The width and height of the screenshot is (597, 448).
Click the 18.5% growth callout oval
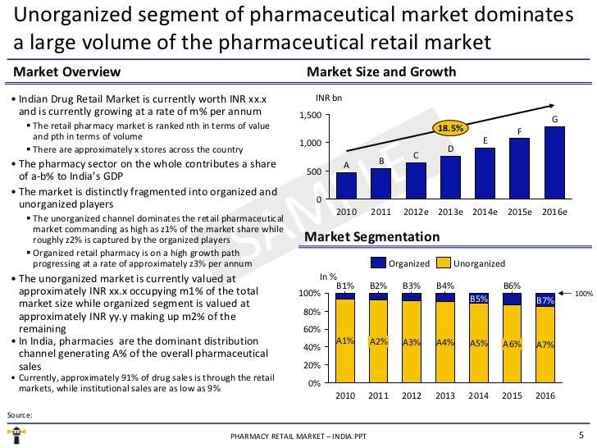450,129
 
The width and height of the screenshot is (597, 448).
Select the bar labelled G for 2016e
554,162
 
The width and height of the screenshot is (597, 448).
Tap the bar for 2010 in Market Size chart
346,185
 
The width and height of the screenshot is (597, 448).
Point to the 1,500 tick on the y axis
311,115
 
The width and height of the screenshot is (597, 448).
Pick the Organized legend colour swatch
378,263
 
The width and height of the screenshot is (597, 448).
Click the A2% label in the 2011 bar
378,341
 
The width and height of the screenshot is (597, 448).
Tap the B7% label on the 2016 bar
545,301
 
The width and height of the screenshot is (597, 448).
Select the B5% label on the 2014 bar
479,299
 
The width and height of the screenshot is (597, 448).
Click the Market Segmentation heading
371,237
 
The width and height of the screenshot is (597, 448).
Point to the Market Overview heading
67,72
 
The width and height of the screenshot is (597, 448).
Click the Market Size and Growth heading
381,72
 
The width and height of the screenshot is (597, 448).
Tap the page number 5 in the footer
581,436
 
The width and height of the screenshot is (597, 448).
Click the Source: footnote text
19,414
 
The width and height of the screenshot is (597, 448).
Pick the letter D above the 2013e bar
450,149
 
